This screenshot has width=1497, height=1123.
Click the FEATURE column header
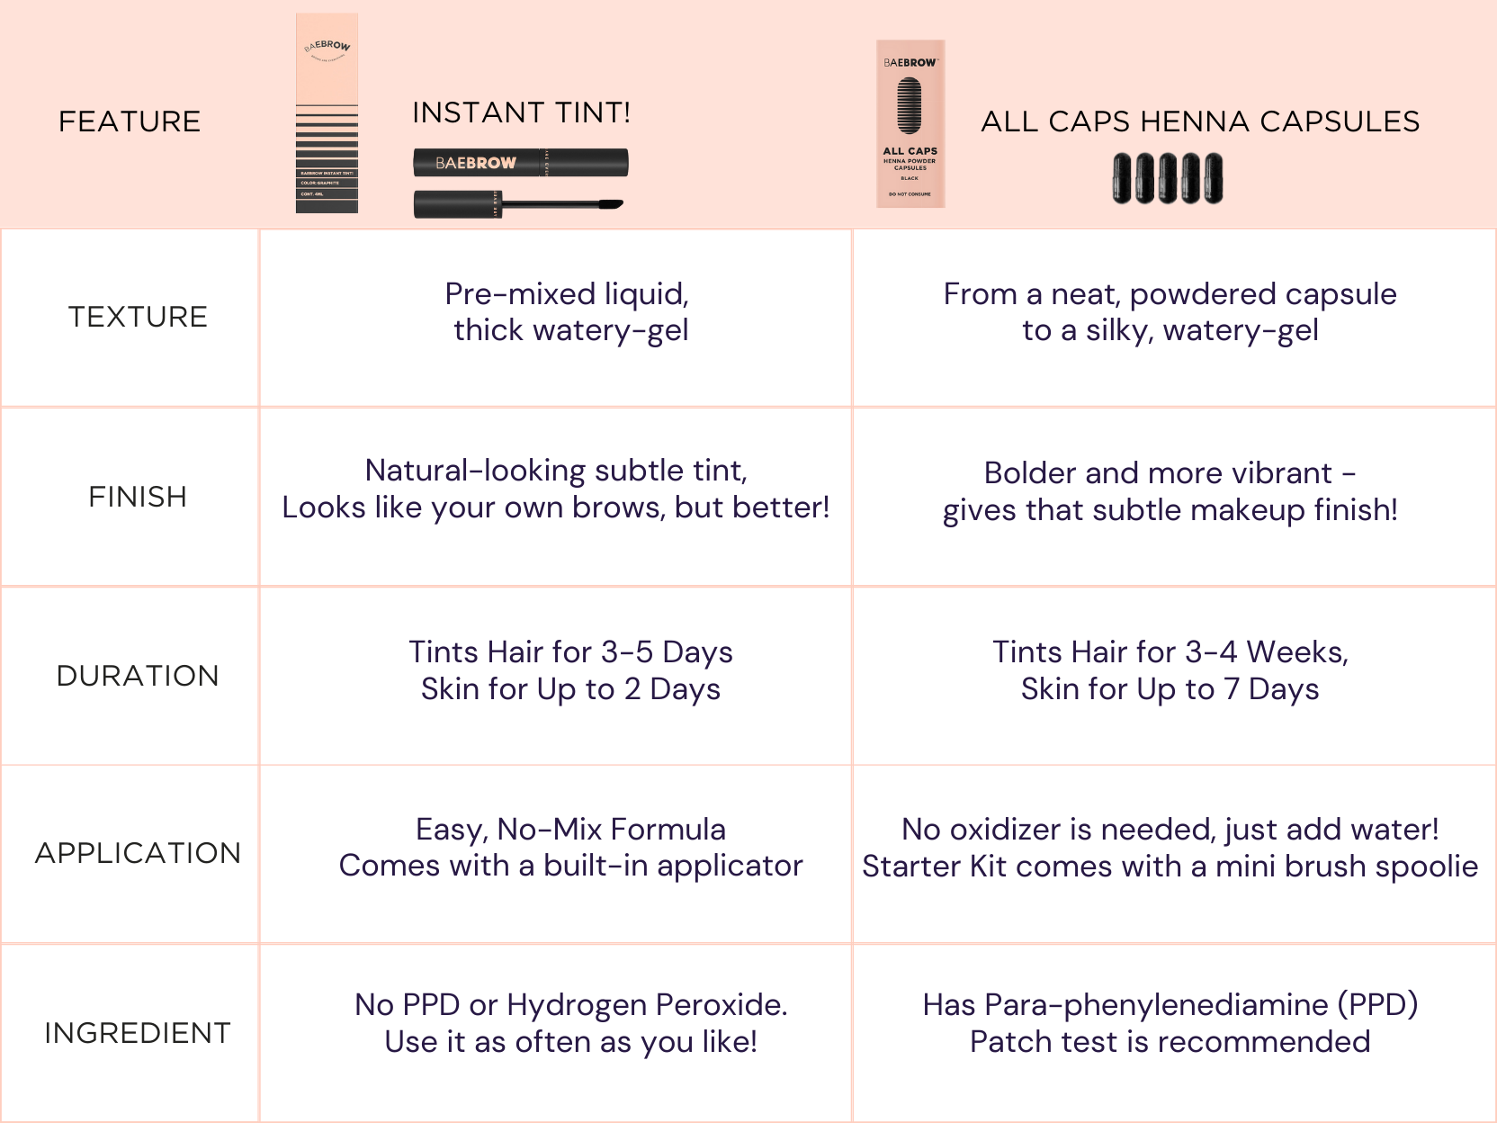[x=130, y=121]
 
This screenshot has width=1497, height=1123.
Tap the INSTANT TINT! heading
[x=521, y=113]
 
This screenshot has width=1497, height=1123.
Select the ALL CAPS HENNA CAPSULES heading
[x=1199, y=121]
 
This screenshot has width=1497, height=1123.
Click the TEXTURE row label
[x=138, y=317]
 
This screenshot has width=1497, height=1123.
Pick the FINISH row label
[x=138, y=497]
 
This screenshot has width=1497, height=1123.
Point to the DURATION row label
[x=138, y=676]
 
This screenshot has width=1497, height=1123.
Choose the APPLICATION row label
[x=138, y=853]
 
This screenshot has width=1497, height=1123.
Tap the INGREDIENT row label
[x=138, y=1033]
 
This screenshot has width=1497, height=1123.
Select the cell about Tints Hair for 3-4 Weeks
[x=1170, y=670]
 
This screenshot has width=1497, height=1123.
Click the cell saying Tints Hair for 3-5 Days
[x=570, y=670]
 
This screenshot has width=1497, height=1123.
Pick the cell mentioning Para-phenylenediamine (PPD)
[x=1170, y=1023]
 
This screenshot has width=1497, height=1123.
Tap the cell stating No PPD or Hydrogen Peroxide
[x=570, y=1023]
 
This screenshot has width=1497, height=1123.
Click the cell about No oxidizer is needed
[x=1170, y=848]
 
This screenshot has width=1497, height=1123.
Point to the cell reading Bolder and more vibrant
[x=1170, y=491]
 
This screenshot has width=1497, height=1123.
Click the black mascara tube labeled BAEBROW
[x=520, y=163]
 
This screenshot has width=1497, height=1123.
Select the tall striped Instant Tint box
[x=327, y=113]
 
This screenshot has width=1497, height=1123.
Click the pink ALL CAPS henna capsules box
[x=910, y=124]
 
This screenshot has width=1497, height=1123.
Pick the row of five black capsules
[x=1168, y=178]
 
